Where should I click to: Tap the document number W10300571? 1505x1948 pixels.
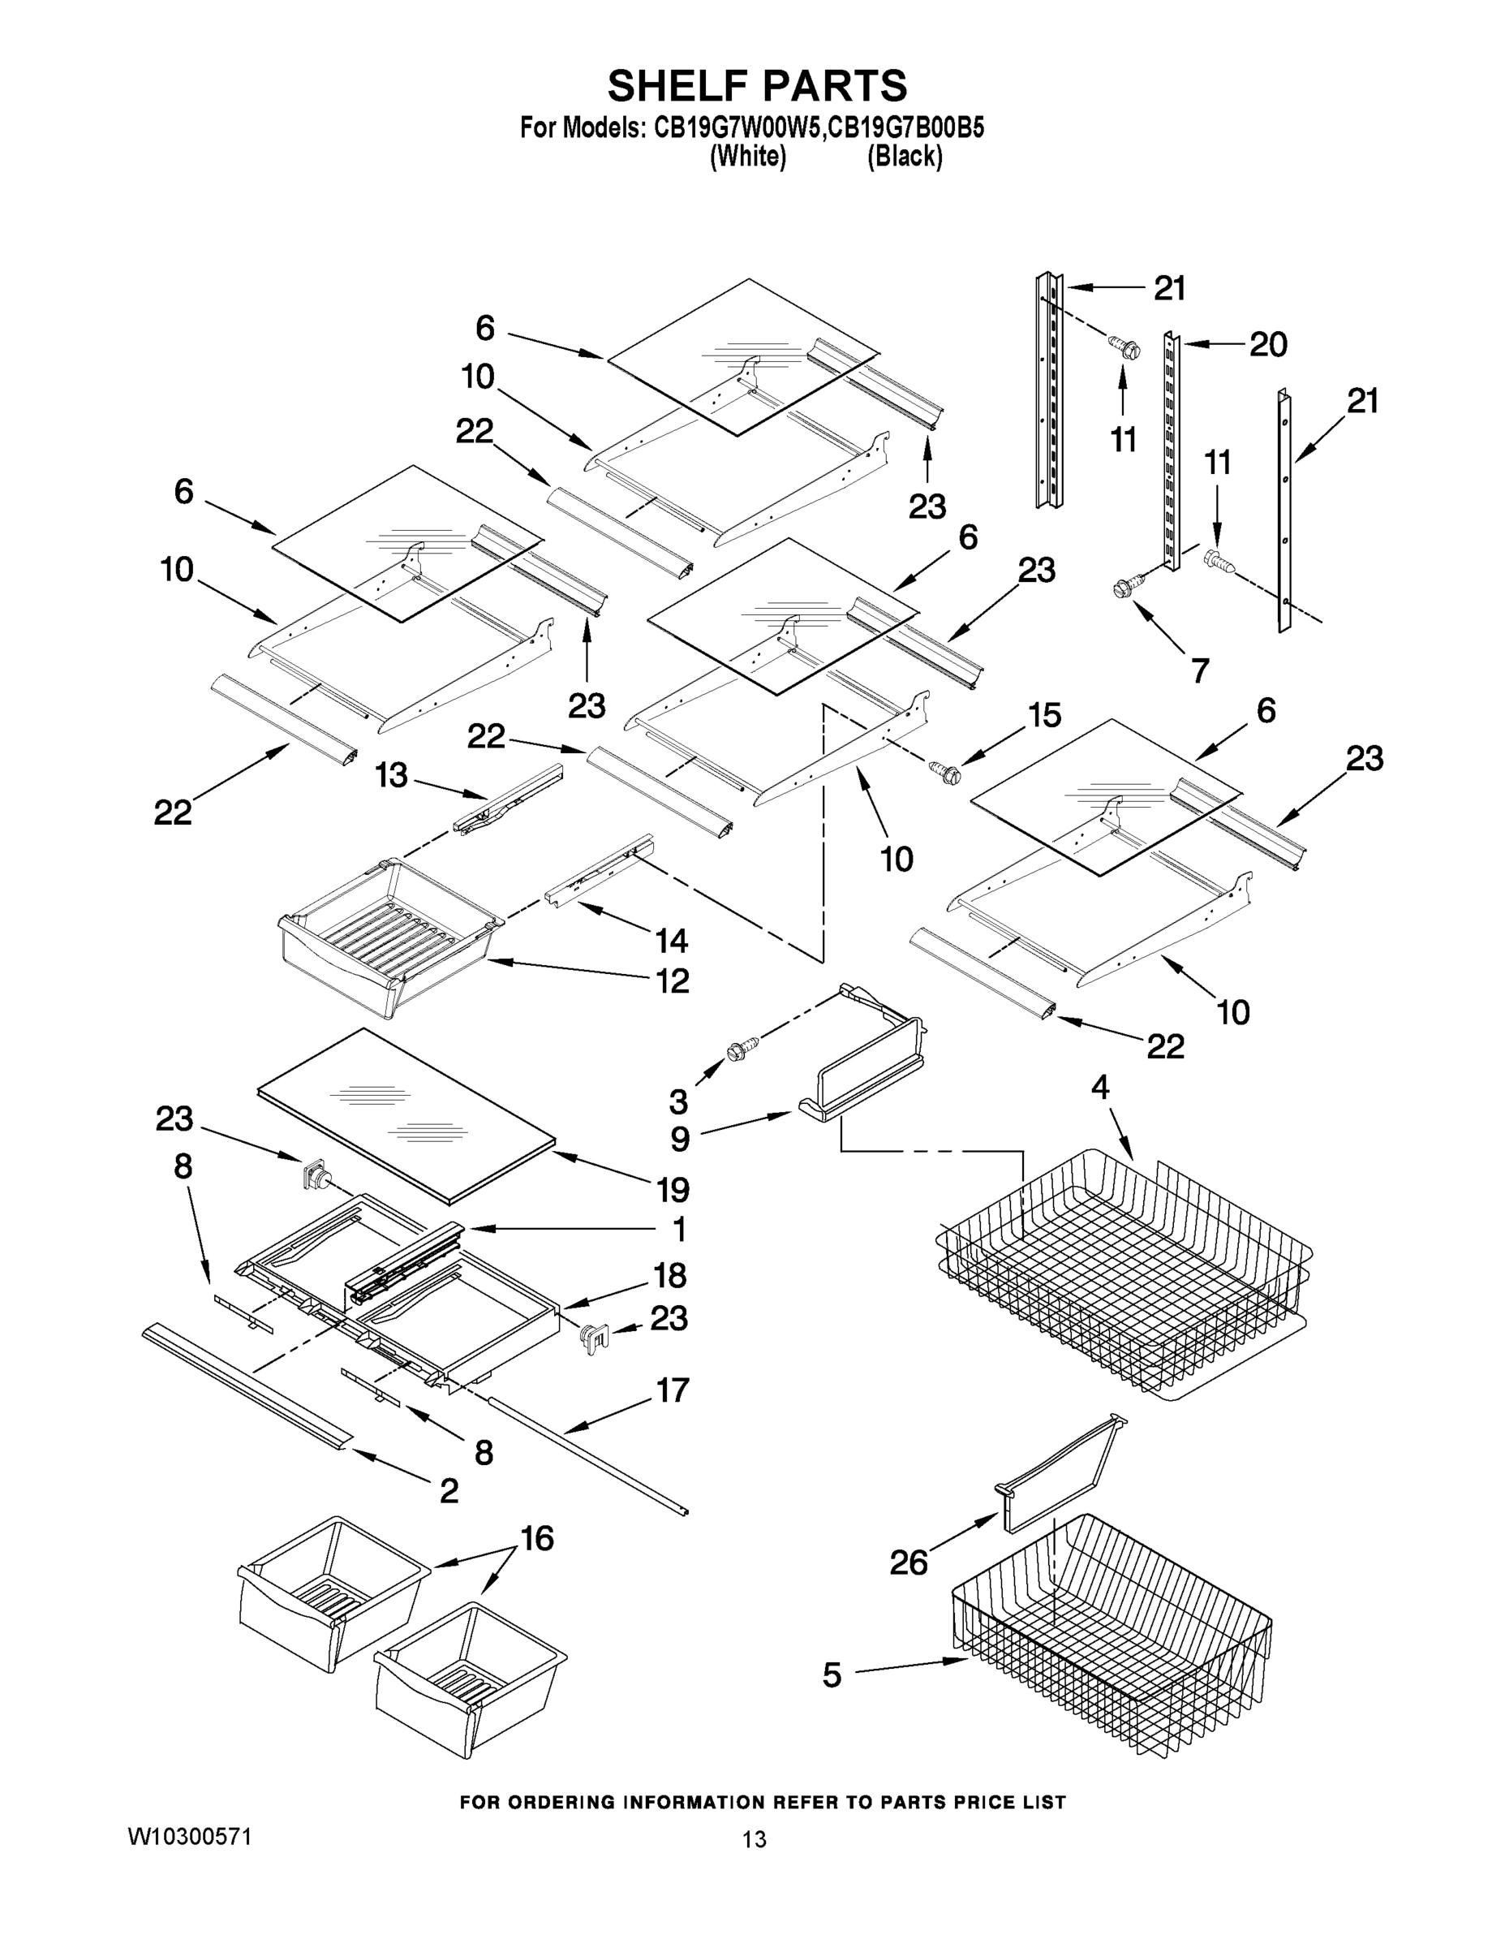pyautogui.click(x=189, y=1837)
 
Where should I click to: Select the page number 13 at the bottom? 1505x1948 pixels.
pyautogui.click(x=755, y=1839)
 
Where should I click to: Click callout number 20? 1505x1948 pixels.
pyautogui.click(x=1268, y=344)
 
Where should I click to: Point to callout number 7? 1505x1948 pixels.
pyautogui.click(x=1200, y=670)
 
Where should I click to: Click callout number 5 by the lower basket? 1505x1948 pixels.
pyautogui.click(x=831, y=1675)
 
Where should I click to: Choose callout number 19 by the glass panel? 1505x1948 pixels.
pyautogui.click(x=673, y=1190)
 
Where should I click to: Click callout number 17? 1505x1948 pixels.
pyautogui.click(x=673, y=1390)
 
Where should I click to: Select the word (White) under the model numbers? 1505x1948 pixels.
pyautogui.click(x=747, y=157)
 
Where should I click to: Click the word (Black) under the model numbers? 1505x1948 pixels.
pyautogui.click(x=905, y=157)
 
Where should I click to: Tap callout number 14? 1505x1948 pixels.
pyautogui.click(x=671, y=940)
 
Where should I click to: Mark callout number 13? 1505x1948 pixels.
pyautogui.click(x=391, y=775)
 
